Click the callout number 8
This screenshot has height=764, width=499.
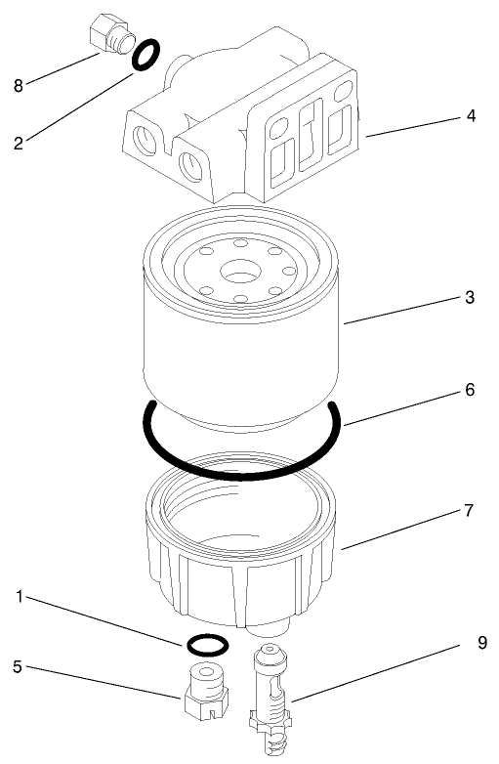pyautogui.click(x=18, y=85)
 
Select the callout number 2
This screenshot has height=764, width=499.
pyautogui.click(x=18, y=142)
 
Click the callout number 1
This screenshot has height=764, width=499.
pyautogui.click(x=21, y=595)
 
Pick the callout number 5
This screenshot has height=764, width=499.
pyautogui.click(x=18, y=667)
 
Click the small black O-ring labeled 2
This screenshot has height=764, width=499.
pyautogui.click(x=144, y=56)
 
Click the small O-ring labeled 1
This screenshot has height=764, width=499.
pyautogui.click(x=205, y=644)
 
